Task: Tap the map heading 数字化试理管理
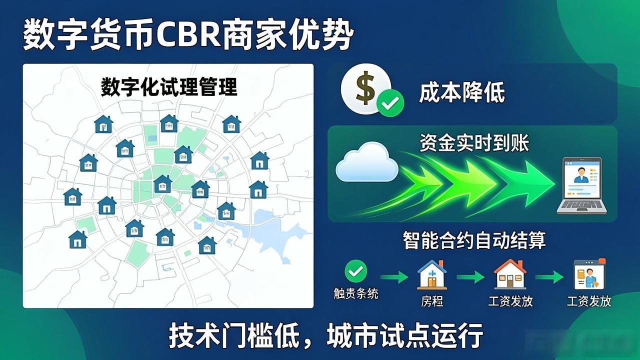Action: [169, 87]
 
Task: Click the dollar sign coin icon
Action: [365, 88]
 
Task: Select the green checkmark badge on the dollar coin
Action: [390, 103]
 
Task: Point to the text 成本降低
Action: [462, 92]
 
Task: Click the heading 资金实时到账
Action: [474, 143]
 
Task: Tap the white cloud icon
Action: [367, 162]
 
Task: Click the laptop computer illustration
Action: [581, 185]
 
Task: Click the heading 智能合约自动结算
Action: [474, 240]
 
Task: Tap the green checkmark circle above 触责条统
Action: [355, 271]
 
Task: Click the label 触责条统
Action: [356, 293]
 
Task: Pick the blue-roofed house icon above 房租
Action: [432, 274]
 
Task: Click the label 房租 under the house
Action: [432, 301]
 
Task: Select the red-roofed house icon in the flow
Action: [510, 274]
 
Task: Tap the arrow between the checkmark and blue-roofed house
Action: [394, 277]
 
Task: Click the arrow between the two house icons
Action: [470, 277]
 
